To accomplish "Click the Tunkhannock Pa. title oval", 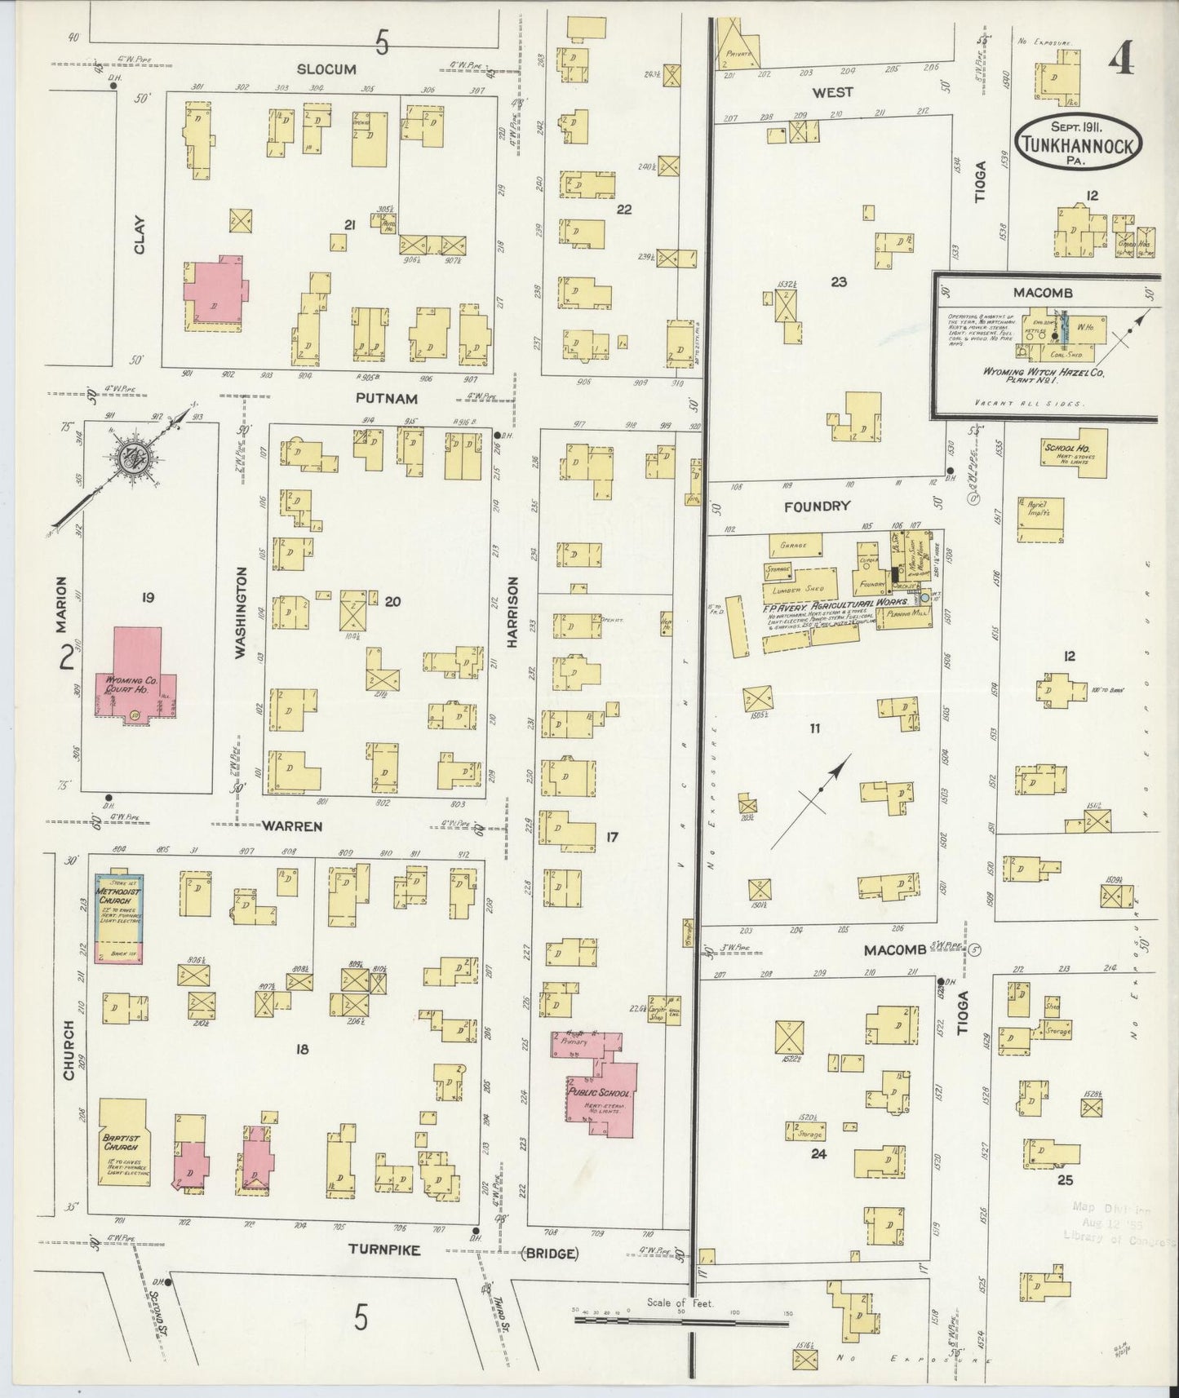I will pyautogui.click(x=1078, y=144).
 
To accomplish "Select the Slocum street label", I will pyautogui.click(x=326, y=69).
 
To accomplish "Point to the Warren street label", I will pyautogui.click(x=291, y=826).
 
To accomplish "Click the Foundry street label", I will pyautogui.click(x=817, y=507).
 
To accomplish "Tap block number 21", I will pyautogui.click(x=350, y=225).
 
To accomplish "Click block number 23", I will pyautogui.click(x=838, y=282).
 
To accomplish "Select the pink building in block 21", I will pyautogui.click(x=214, y=294).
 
